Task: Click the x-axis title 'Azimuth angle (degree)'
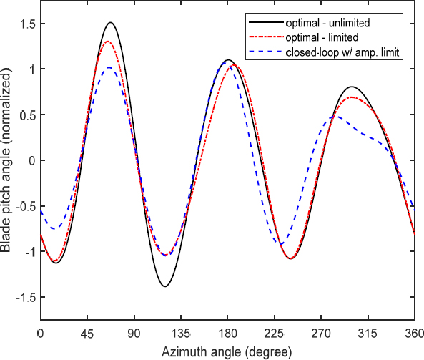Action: (x=227, y=353)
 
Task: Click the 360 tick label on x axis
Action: (x=413, y=334)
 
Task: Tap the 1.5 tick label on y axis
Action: (x=26, y=24)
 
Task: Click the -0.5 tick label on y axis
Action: (x=24, y=206)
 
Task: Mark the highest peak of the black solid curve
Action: (x=110, y=22)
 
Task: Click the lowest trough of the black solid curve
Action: (x=165, y=286)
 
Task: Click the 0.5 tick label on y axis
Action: (x=26, y=115)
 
